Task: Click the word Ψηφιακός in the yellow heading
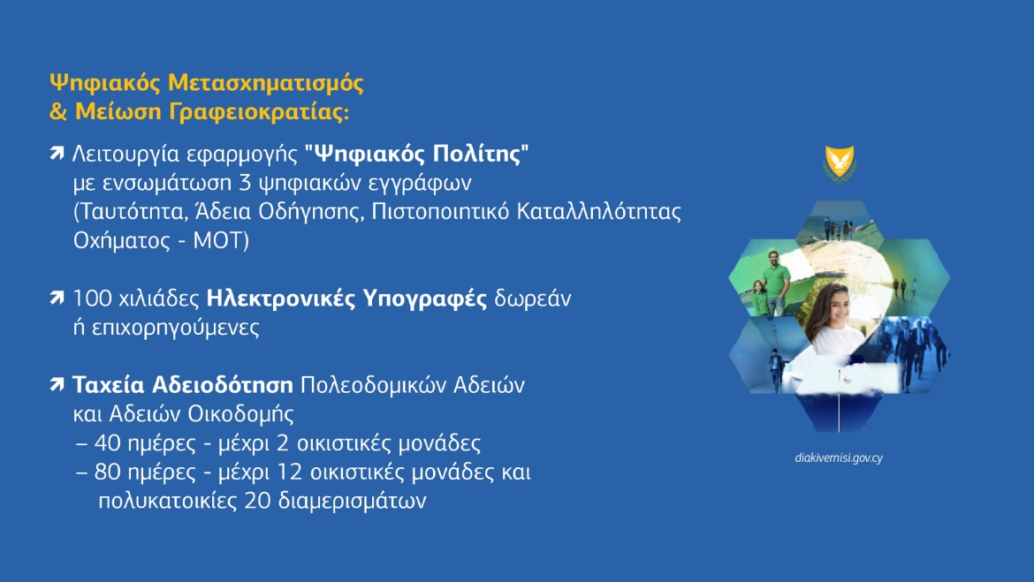(x=105, y=84)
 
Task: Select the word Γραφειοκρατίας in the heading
(x=259, y=112)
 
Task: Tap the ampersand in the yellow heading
(x=58, y=111)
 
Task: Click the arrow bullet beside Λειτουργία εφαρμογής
(x=57, y=154)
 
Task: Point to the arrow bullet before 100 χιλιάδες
(x=57, y=299)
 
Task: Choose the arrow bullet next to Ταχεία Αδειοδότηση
(x=57, y=384)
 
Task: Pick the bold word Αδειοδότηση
(x=222, y=384)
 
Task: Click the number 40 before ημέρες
(x=108, y=443)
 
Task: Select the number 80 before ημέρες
(x=108, y=472)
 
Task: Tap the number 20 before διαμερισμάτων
(x=258, y=501)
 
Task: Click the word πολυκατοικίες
(x=168, y=502)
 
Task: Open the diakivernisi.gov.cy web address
(x=839, y=458)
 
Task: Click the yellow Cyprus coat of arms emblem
(x=840, y=163)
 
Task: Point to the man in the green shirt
(x=776, y=283)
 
